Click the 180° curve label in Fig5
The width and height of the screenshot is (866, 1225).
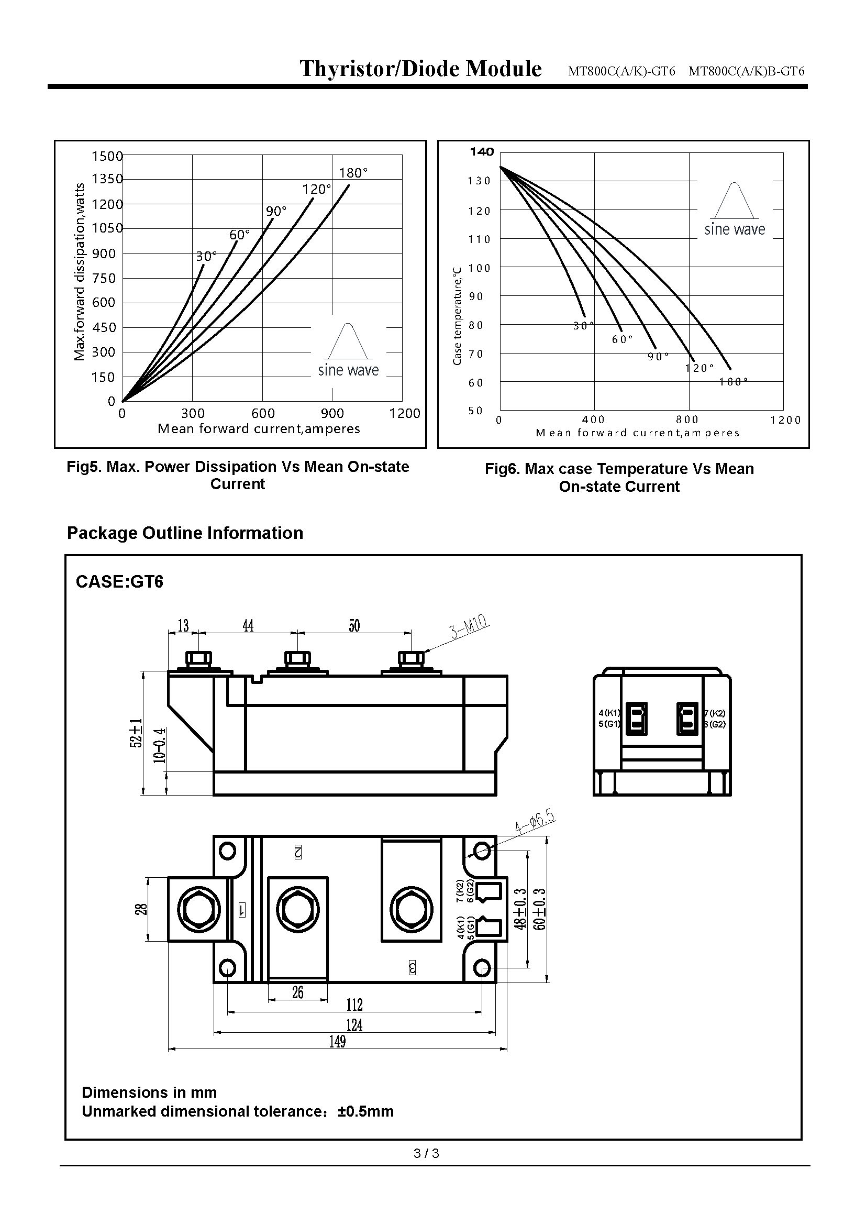click(353, 173)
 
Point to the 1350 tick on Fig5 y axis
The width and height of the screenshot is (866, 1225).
click(107, 179)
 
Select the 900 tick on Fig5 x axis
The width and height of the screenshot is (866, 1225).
click(332, 414)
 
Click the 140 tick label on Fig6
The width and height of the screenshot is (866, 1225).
click(482, 152)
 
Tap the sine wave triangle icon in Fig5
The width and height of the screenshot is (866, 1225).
click(348, 341)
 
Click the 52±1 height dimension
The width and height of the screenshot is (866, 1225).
click(137, 733)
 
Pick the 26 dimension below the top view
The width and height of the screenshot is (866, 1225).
click(297, 992)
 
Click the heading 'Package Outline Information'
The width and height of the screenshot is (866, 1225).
click(184, 533)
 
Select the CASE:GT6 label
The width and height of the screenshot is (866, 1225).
click(119, 581)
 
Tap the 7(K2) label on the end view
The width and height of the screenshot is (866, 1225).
click(715, 713)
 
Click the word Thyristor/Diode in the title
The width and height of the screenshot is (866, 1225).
click(380, 69)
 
